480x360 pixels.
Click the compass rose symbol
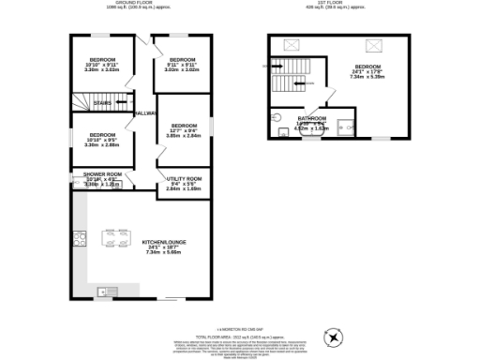(x=333, y=335)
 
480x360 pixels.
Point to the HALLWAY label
(x=144, y=113)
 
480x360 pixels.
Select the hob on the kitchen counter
(x=78, y=236)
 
